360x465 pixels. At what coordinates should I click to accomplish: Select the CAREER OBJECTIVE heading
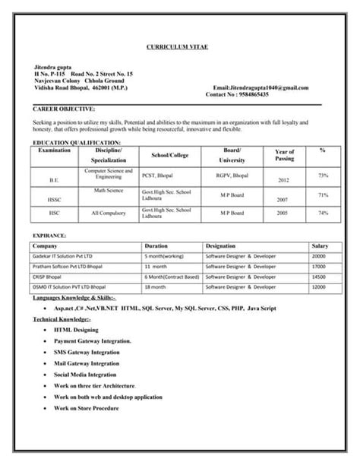(x=65, y=109)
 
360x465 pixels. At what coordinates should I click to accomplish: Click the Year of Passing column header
(x=284, y=156)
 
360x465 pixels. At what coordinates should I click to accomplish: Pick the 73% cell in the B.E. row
(x=324, y=176)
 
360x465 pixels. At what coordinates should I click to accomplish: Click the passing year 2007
(x=283, y=201)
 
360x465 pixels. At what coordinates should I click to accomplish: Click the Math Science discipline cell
(x=108, y=190)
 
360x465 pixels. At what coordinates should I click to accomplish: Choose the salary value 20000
(x=319, y=257)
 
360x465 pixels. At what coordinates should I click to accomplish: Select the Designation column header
(x=221, y=246)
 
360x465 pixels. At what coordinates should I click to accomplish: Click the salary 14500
(x=319, y=277)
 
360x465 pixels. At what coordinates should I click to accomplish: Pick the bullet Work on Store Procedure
(x=87, y=409)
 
